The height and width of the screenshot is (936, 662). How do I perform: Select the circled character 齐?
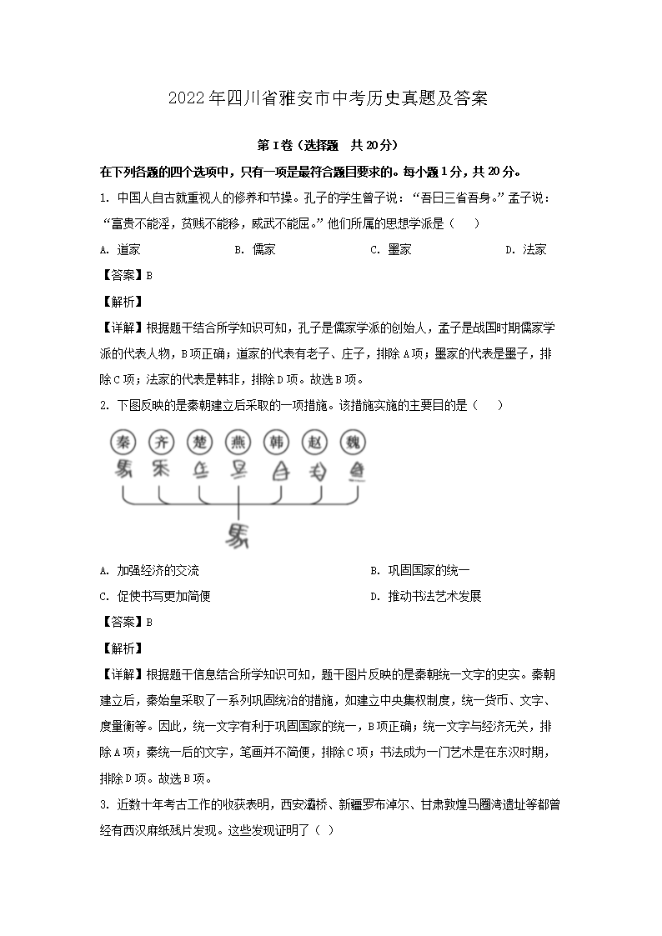(x=160, y=443)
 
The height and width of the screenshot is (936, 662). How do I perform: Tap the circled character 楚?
(x=198, y=443)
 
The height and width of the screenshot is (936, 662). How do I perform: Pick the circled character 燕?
(x=238, y=443)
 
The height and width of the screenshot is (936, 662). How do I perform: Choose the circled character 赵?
(x=315, y=443)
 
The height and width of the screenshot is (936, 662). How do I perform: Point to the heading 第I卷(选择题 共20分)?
(x=329, y=145)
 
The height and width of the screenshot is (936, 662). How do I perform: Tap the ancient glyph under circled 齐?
(x=160, y=469)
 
